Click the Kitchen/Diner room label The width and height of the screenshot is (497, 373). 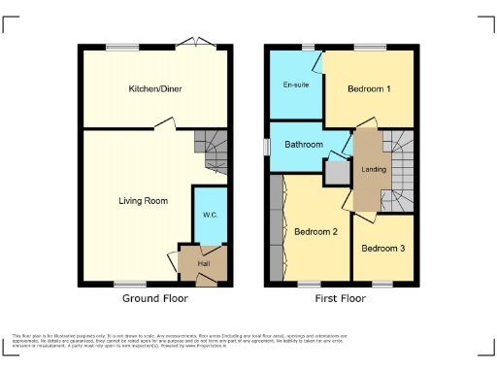point(156,88)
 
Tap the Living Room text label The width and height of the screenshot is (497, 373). point(143,201)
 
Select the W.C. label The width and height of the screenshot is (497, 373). point(209,215)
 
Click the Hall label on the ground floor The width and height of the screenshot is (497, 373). point(204,263)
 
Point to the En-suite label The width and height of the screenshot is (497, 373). point(295,85)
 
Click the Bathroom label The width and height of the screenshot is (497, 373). point(303,145)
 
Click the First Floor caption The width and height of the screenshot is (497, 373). point(341,298)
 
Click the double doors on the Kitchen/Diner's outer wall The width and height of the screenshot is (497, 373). point(202,44)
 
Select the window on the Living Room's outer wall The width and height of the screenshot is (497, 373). point(127,284)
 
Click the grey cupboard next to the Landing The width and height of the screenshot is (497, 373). point(336,172)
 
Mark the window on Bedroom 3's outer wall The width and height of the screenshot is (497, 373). point(381,284)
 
